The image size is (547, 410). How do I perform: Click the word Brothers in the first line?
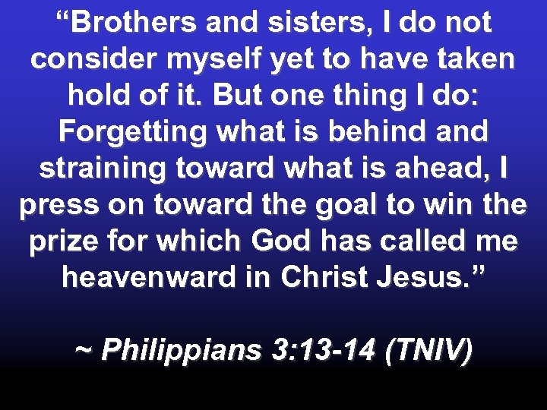pyautogui.click(x=128, y=23)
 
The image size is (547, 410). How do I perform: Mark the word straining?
pyautogui.click(x=103, y=168)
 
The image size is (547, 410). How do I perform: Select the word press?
pyautogui.click(x=59, y=204)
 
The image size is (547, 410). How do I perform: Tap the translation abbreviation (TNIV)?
pyautogui.click(x=429, y=350)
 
